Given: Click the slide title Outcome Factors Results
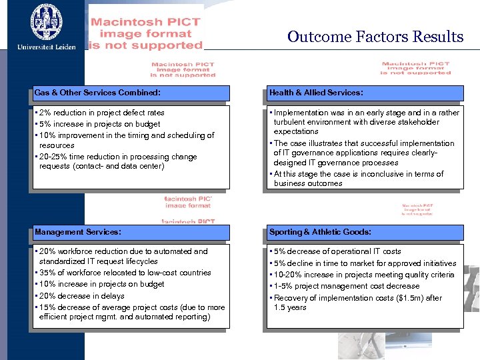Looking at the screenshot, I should [x=375, y=37].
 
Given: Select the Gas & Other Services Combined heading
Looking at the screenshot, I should [x=97, y=93].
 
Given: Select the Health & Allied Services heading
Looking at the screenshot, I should [x=316, y=93].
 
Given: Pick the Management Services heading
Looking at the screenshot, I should [x=78, y=232].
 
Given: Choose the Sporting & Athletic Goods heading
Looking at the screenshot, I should [x=320, y=232].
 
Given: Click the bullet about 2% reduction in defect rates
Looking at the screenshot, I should [x=101, y=113].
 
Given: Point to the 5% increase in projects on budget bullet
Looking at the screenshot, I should [x=99, y=124].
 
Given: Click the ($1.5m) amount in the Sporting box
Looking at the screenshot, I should [x=402, y=298].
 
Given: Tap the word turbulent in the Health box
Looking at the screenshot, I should [x=291, y=123].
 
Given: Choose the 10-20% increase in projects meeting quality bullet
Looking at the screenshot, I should [x=363, y=275].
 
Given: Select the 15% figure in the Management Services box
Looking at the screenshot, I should [x=48, y=307].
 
